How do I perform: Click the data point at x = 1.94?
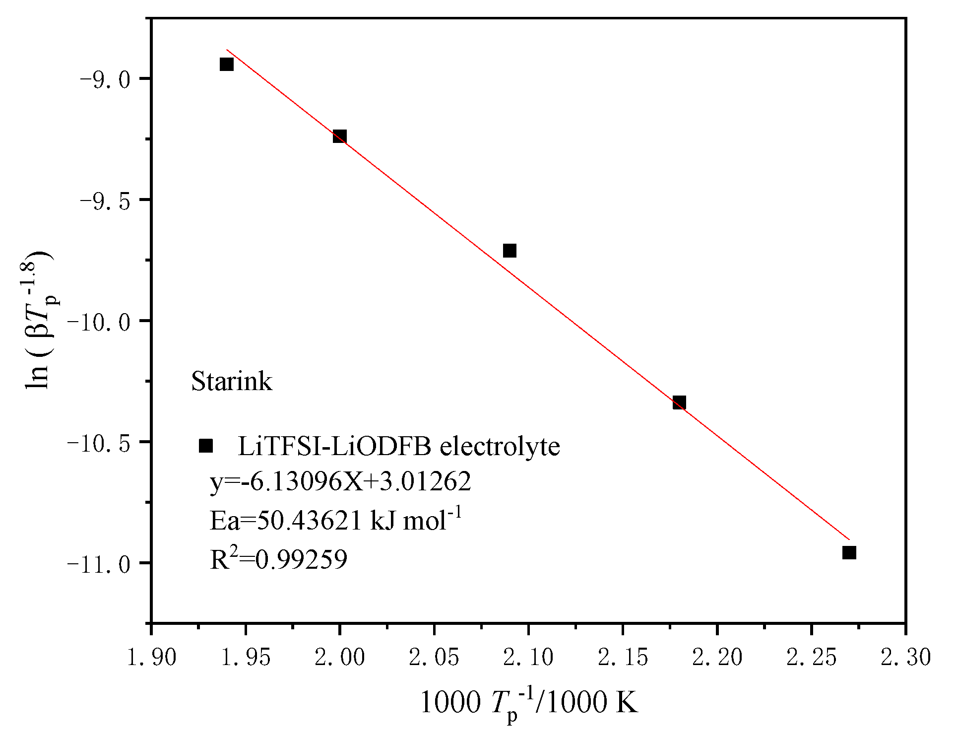click(x=227, y=64)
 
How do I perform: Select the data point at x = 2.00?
click(x=339, y=136)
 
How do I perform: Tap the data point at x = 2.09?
click(x=510, y=250)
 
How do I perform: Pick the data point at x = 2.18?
click(x=679, y=402)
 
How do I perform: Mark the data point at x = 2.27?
click(x=849, y=552)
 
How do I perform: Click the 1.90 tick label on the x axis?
click(x=151, y=658)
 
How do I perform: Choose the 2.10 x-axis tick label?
click(x=528, y=658)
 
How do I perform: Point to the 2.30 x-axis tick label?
click(x=905, y=658)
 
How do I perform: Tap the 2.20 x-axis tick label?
click(x=717, y=658)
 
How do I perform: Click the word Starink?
click(x=232, y=382)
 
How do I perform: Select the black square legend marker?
click(x=205, y=446)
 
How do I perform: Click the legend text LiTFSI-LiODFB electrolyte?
click(x=399, y=446)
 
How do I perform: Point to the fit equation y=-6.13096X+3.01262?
click(x=340, y=481)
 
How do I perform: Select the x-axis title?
click(x=529, y=703)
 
